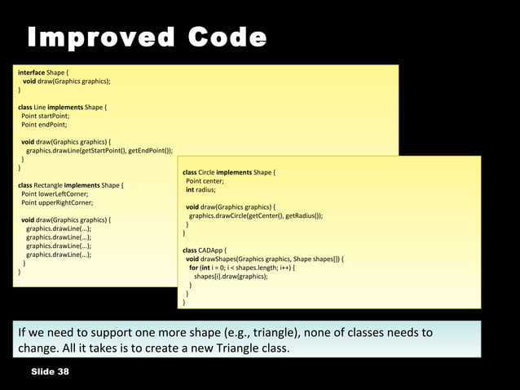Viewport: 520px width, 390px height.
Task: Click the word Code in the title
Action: [x=227, y=38]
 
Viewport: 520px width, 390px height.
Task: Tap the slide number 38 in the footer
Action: [x=63, y=372]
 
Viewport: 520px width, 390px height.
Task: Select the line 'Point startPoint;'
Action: [x=45, y=116]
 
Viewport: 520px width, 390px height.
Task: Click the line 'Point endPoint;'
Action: [x=44, y=125]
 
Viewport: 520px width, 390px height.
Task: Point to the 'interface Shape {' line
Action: [x=44, y=73]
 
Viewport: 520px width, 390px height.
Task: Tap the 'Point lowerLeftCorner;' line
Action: [x=55, y=194]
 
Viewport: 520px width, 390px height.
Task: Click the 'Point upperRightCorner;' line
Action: [x=57, y=202]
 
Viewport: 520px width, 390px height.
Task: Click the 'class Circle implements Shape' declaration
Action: [x=230, y=173]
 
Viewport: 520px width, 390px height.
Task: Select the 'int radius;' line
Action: [x=201, y=189]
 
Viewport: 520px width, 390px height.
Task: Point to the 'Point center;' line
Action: [x=203, y=181]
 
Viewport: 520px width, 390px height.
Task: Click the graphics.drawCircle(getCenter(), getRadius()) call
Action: [x=256, y=216]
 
